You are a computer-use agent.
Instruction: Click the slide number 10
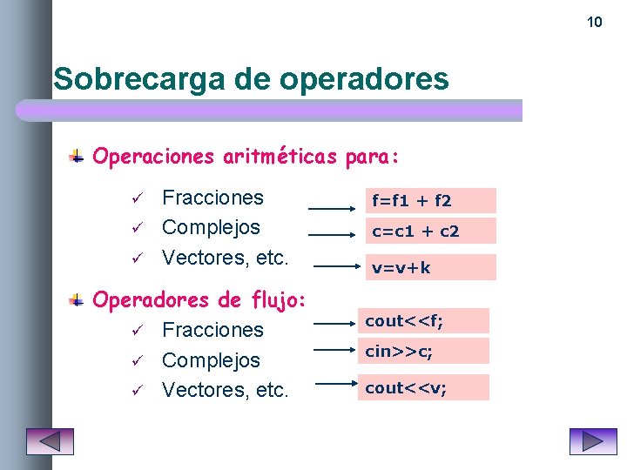[x=595, y=22]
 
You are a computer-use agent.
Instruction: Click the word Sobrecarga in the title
[x=139, y=79]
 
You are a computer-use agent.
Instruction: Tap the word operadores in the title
[x=365, y=79]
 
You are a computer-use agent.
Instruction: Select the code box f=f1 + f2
[x=430, y=201]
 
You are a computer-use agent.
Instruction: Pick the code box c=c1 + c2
[x=430, y=231]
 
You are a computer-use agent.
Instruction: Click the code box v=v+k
[x=430, y=267]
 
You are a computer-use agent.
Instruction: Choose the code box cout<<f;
[x=427, y=321]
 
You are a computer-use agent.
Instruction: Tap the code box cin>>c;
[x=427, y=351]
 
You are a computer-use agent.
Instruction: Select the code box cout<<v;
[x=427, y=387]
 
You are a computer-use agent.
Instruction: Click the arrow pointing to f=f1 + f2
[x=333, y=209]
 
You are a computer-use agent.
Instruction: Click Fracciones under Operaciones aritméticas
[x=212, y=198]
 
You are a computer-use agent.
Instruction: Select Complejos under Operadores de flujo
[x=211, y=359]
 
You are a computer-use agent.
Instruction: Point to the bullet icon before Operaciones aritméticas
[x=78, y=157]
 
